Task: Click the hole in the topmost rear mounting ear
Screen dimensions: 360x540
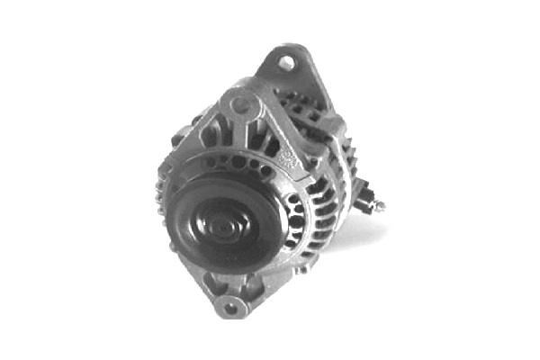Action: [285, 63]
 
